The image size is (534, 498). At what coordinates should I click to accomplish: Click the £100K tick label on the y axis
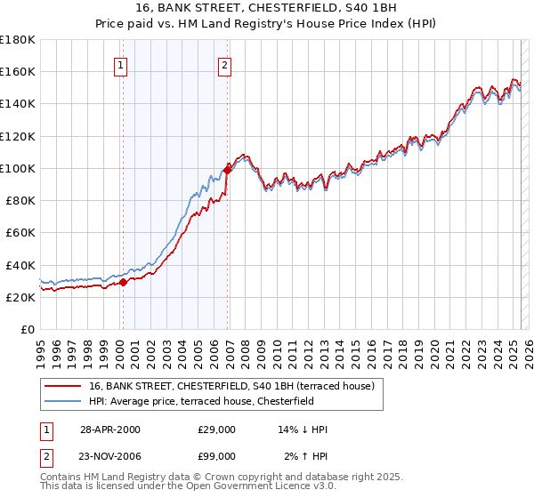[17, 168]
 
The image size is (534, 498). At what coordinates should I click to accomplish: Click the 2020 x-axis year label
[433, 350]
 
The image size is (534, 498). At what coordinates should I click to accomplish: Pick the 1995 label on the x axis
[41, 350]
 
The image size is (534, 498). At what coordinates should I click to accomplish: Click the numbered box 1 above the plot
[119, 64]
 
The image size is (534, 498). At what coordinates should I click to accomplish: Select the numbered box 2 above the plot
[225, 64]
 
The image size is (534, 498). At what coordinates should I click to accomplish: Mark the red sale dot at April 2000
[124, 283]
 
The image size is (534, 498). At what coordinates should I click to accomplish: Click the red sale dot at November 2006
[227, 168]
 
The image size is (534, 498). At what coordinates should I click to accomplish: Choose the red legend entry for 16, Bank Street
[237, 386]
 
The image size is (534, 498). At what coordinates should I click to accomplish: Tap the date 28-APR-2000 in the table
[110, 430]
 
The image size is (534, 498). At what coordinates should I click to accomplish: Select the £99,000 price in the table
[217, 459]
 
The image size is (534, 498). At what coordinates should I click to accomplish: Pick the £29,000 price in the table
[217, 430]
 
